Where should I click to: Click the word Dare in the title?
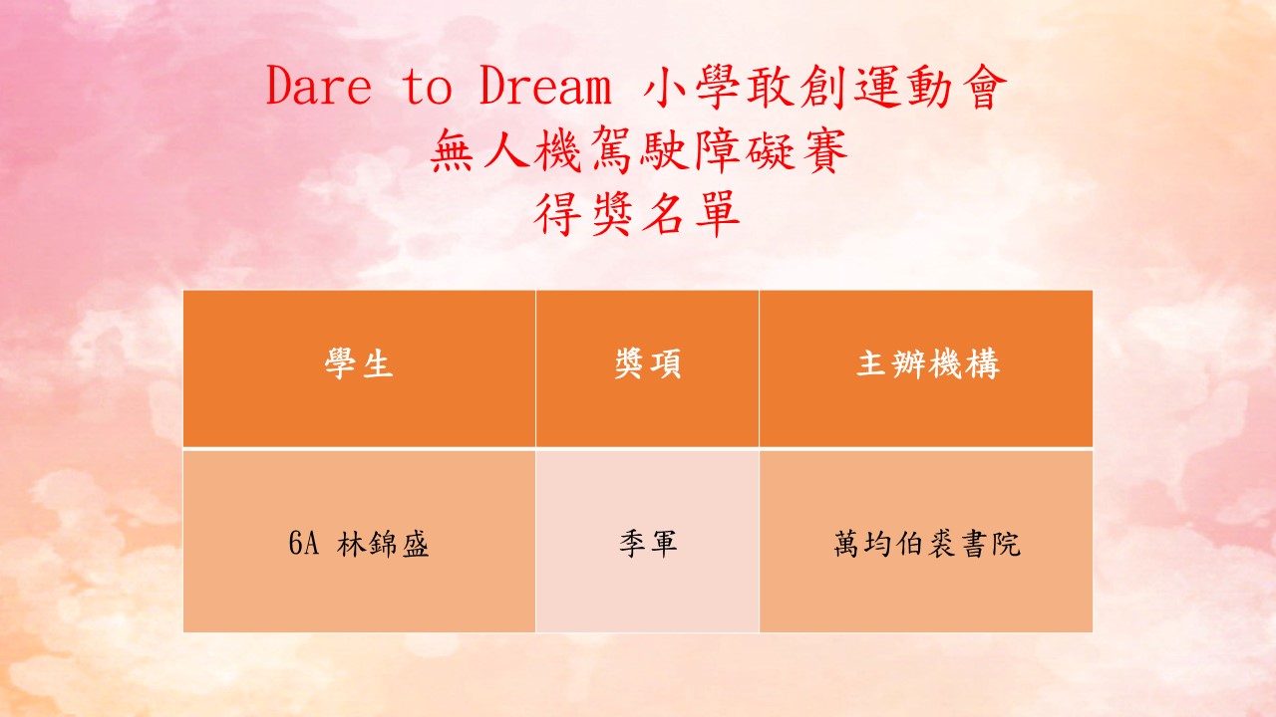coord(319,86)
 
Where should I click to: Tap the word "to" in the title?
coord(428,87)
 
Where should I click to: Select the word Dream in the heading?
coord(545,86)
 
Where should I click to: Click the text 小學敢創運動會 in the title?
coord(824,87)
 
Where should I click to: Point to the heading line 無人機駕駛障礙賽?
coord(639,150)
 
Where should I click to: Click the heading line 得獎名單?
coord(637,213)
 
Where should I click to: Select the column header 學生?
coord(359,363)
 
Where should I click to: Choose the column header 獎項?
coord(648,363)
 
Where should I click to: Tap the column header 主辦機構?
coord(928,363)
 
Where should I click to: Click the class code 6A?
coord(304,543)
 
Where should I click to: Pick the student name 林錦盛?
coord(382,544)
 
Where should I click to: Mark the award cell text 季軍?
coord(648,544)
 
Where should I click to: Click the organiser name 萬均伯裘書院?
coord(927,544)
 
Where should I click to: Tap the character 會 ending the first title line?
coord(984,87)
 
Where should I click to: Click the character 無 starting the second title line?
coord(452,150)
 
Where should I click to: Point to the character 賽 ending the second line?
coord(825,150)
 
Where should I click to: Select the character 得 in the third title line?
coord(555,213)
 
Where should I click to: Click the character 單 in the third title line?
coord(719,213)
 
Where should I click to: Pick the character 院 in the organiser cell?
coord(1006,544)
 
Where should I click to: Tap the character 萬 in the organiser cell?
coord(848,544)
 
